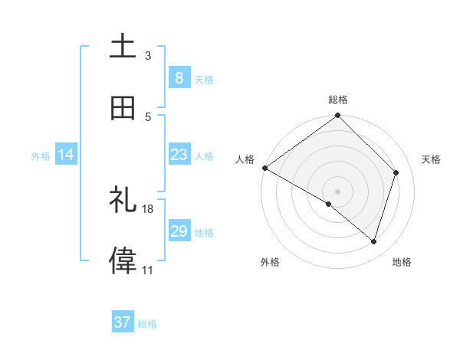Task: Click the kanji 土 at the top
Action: (x=123, y=46)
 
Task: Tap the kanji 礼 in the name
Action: (x=123, y=200)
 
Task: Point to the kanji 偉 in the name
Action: (x=123, y=260)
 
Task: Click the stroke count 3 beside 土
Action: (x=148, y=56)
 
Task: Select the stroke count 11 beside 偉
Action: (x=148, y=270)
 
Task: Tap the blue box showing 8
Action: (x=179, y=77)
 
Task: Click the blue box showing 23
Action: (x=179, y=155)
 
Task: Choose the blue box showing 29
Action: (x=179, y=231)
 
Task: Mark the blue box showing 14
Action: (x=66, y=155)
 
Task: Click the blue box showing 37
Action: (x=123, y=322)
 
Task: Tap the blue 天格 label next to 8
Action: (x=204, y=79)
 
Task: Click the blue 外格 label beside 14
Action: (x=41, y=156)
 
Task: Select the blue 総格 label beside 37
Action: (x=147, y=324)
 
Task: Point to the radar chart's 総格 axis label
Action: (x=338, y=100)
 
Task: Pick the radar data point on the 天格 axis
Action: (x=396, y=172)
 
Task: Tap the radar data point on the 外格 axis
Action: (x=329, y=205)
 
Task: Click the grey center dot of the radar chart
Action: (x=338, y=191)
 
